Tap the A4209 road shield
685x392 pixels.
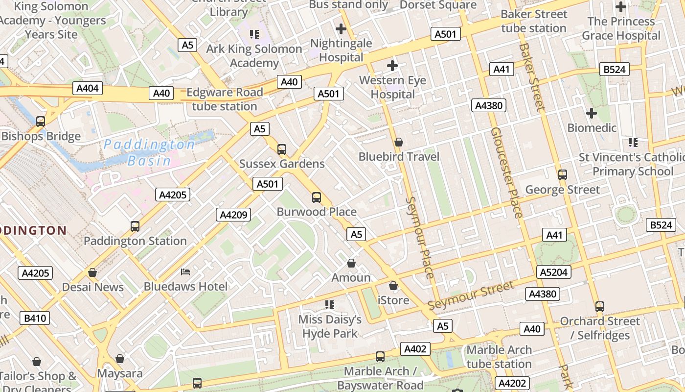pyautogui.click(x=233, y=214)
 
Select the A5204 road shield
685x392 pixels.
pyautogui.click(x=554, y=272)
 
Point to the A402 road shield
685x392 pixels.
pyautogui.click(x=415, y=349)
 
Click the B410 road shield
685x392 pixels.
pyautogui.click(x=35, y=318)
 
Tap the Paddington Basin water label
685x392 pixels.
pyautogui.click(x=149, y=152)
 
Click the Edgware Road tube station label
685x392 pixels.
pyautogui.click(x=225, y=99)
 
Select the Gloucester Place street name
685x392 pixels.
pyautogui.click(x=507, y=172)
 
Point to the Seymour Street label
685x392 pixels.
pyautogui.click(x=471, y=295)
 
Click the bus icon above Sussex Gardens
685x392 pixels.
pyautogui.click(x=282, y=149)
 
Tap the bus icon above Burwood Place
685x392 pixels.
pyautogui.click(x=317, y=197)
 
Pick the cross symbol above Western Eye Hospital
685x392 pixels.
pyautogui.click(x=392, y=65)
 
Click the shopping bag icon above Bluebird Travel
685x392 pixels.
pyautogui.click(x=399, y=142)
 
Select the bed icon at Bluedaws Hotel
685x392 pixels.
pyautogui.click(x=185, y=271)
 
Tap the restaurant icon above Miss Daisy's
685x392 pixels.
pyautogui.click(x=330, y=305)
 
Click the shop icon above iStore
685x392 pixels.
pyautogui.click(x=393, y=285)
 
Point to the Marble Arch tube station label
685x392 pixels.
pyautogui.click(x=499, y=357)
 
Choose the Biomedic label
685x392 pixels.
pyautogui.click(x=592, y=128)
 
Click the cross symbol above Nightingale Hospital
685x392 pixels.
pyautogui.click(x=341, y=29)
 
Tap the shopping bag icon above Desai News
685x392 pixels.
pyautogui.click(x=92, y=272)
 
